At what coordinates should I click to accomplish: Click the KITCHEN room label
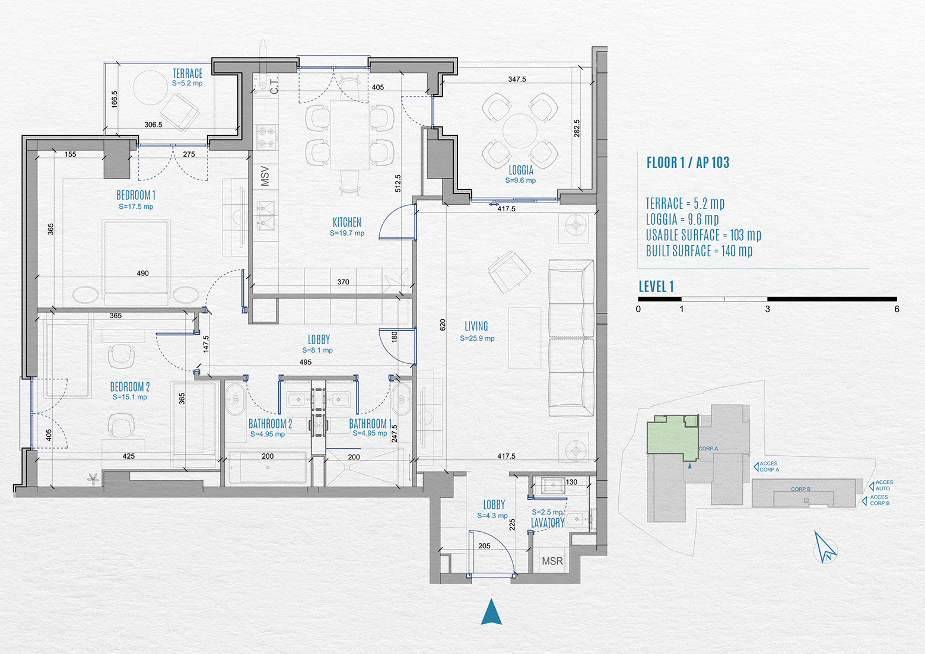pyautogui.click(x=347, y=223)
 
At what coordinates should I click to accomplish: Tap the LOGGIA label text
pyautogui.click(x=521, y=170)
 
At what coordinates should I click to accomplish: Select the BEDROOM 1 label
pyautogui.click(x=136, y=195)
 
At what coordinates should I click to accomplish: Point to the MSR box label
pyautogui.click(x=552, y=561)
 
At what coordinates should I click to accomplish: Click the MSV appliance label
pyautogui.click(x=265, y=176)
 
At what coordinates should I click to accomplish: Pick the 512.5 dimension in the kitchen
pyautogui.click(x=398, y=183)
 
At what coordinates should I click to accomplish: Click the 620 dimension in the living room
pyautogui.click(x=443, y=325)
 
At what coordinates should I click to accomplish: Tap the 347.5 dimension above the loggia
pyautogui.click(x=517, y=79)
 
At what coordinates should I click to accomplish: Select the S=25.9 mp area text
pyautogui.click(x=477, y=338)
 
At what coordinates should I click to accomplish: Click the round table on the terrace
pyautogui.click(x=150, y=88)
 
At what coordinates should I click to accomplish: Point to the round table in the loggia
pyautogui.click(x=520, y=131)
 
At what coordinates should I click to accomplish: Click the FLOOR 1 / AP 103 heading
pyautogui.click(x=688, y=163)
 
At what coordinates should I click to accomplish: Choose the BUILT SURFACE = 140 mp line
pyautogui.click(x=699, y=251)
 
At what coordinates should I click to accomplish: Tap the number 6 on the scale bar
pyautogui.click(x=897, y=309)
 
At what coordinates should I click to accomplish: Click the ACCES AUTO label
pyautogui.click(x=883, y=485)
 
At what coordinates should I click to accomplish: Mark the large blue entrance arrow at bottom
pyautogui.click(x=491, y=612)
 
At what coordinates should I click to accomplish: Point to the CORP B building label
pyautogui.click(x=801, y=489)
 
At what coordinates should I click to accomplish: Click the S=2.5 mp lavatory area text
pyautogui.click(x=547, y=512)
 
